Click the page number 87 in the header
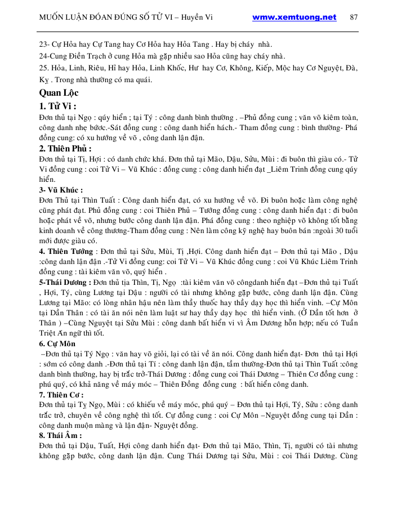click(354, 17)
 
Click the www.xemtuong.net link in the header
click(294, 17)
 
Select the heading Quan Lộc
click(59, 93)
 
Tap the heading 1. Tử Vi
click(58, 106)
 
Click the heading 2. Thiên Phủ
click(65, 149)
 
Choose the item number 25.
click(43, 68)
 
